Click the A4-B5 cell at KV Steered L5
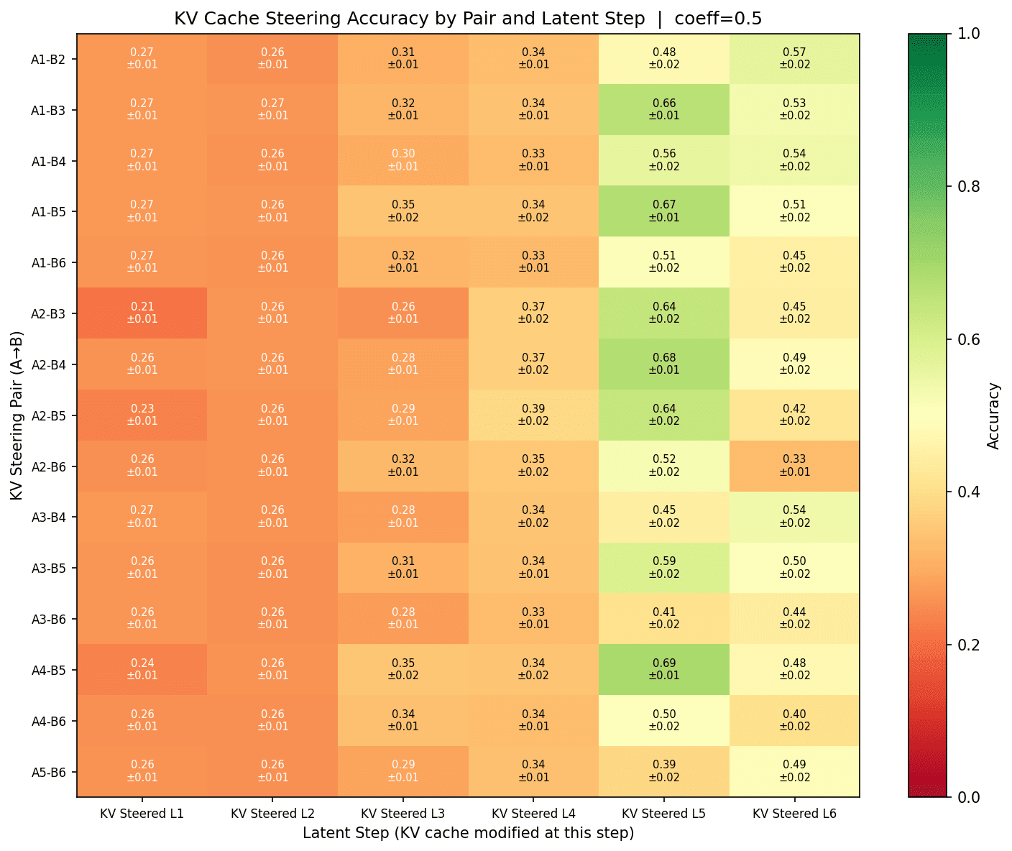(x=663, y=669)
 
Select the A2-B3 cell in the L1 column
(x=142, y=313)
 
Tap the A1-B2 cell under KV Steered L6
(x=794, y=58)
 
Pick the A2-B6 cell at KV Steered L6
(x=794, y=466)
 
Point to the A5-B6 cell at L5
(x=663, y=771)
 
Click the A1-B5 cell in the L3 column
(x=403, y=211)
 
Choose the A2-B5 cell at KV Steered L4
(x=533, y=415)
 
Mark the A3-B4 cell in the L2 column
(x=272, y=517)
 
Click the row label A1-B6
(x=49, y=262)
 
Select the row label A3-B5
(x=49, y=568)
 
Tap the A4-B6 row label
(x=49, y=721)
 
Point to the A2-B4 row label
(x=49, y=364)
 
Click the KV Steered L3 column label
(x=403, y=814)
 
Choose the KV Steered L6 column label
(x=794, y=814)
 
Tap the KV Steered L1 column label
(x=142, y=814)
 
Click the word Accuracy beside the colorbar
(x=994, y=415)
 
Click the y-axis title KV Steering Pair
(x=17, y=415)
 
